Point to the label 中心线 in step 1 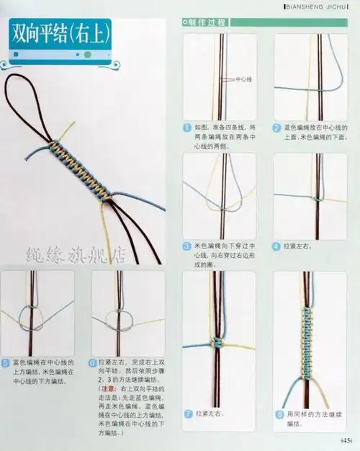[x=243, y=79]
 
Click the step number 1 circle [x=187, y=127]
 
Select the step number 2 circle [x=276, y=127]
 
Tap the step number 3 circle [x=187, y=245]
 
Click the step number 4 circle [x=276, y=245]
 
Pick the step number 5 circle [x=6, y=364]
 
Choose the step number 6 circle [x=92, y=364]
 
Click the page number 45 [x=346, y=440]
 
